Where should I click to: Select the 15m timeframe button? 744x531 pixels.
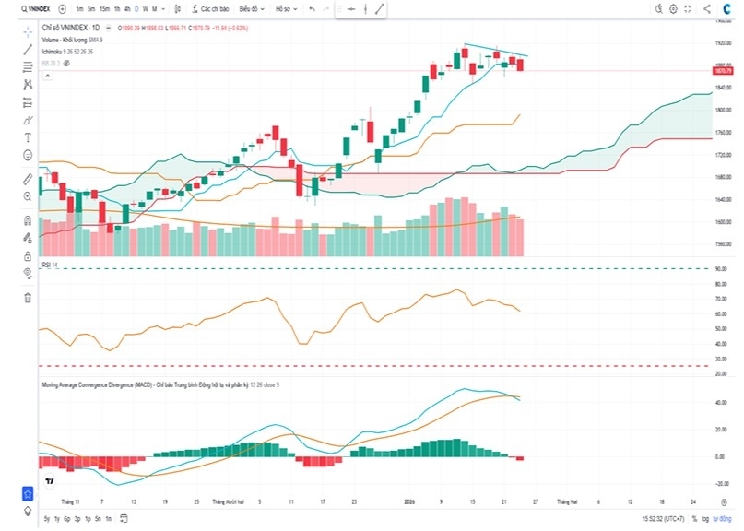click(x=104, y=8)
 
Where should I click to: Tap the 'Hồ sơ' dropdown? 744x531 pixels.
click(x=284, y=8)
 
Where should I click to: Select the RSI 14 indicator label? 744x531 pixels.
click(x=50, y=265)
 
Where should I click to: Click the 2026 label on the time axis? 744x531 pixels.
click(x=412, y=501)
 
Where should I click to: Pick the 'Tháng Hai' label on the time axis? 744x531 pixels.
click(x=565, y=501)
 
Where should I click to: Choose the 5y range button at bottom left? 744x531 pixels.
click(x=46, y=519)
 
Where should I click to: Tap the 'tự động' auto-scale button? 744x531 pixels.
click(x=723, y=519)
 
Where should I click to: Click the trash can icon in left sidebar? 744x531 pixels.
click(x=28, y=298)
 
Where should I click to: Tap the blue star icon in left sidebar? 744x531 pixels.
click(x=28, y=494)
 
